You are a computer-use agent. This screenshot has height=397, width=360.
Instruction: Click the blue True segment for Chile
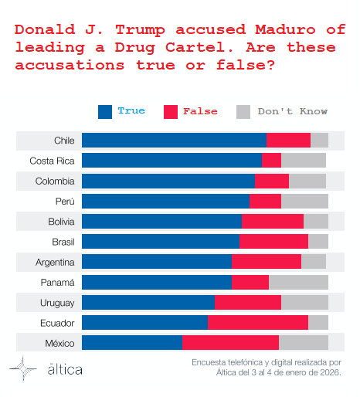(174, 141)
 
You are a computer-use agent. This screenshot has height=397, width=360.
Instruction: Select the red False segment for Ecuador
(258, 322)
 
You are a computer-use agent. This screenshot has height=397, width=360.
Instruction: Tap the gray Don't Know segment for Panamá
(298, 282)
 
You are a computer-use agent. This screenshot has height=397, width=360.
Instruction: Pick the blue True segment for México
(131, 342)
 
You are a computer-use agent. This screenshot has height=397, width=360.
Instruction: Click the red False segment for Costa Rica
(271, 161)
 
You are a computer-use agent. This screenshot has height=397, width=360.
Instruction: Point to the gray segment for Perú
(304, 201)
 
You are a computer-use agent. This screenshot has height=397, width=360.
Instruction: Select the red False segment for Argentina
(266, 262)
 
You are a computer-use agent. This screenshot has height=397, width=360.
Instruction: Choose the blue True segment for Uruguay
(148, 302)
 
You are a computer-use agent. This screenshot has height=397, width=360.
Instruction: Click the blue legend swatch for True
(105, 111)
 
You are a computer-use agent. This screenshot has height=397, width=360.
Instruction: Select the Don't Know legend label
(293, 111)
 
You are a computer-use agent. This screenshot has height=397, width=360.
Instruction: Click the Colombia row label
(55, 181)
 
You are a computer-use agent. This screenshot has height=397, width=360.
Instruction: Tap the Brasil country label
(63, 242)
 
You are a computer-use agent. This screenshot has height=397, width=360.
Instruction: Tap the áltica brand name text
(65, 369)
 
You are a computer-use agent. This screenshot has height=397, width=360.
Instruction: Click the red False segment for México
(230, 342)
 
